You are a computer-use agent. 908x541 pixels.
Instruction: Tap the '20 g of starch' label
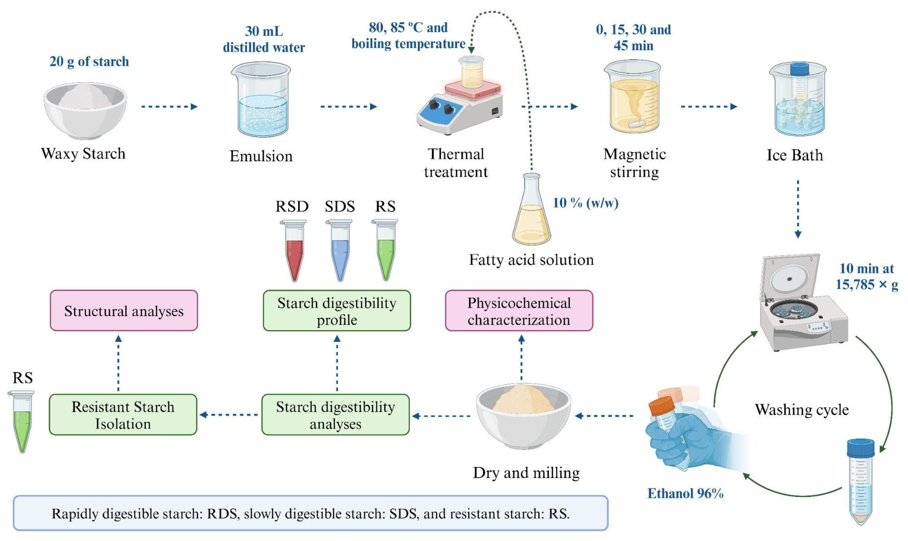89,61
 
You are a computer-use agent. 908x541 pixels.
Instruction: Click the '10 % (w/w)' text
585,203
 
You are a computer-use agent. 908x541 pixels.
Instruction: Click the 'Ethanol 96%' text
685,493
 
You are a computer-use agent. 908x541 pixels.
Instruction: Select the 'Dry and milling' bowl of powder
523,416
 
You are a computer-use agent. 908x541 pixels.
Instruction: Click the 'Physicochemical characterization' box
519,311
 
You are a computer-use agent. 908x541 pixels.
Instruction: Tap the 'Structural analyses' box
124,311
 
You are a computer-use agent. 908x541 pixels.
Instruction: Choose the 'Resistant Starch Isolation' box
123,415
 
